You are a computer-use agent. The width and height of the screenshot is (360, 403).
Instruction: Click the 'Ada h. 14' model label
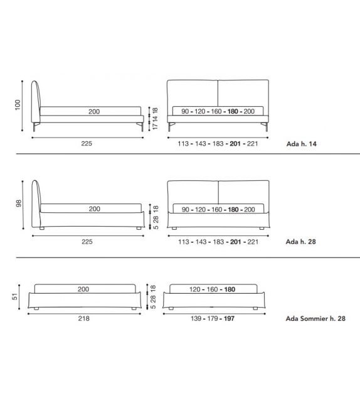pyautogui.click(x=302, y=144)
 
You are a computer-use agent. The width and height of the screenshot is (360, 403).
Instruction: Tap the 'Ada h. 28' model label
pyautogui.click(x=300, y=242)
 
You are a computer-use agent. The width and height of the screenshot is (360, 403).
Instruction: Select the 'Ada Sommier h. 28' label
pyautogui.click(x=315, y=318)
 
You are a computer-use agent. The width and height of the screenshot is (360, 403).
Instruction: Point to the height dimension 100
pyautogui.click(x=18, y=105)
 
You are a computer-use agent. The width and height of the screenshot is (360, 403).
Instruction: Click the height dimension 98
pyautogui.click(x=18, y=203)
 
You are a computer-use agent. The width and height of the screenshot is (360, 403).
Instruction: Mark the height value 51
pyautogui.click(x=15, y=296)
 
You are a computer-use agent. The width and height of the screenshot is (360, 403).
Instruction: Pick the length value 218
pyautogui.click(x=84, y=318)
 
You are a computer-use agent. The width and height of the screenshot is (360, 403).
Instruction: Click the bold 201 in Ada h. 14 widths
pyautogui.click(x=235, y=144)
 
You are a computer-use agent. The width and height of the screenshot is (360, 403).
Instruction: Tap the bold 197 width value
pyautogui.click(x=229, y=319)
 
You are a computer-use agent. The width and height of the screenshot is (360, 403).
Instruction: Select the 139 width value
pyautogui.click(x=196, y=319)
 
